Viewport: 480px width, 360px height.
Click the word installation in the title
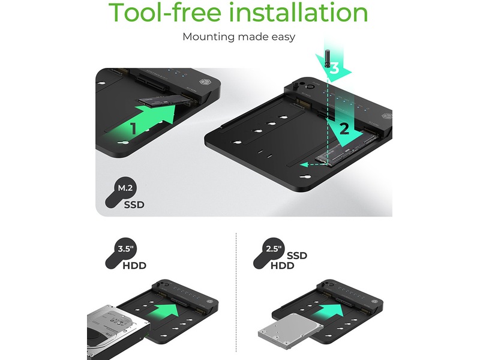298,12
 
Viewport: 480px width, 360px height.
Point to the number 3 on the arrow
334,68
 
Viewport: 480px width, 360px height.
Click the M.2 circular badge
125,187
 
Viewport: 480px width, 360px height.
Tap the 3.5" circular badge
125,248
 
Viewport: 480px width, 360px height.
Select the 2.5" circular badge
274,248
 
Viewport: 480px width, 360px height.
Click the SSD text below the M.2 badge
134,205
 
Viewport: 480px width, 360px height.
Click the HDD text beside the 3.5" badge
134,265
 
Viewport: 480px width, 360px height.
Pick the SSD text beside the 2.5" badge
297,256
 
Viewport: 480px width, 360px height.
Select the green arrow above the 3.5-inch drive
166,316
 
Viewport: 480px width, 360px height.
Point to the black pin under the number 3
327,60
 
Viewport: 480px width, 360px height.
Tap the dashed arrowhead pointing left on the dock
304,165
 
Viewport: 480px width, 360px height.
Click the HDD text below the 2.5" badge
282,265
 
